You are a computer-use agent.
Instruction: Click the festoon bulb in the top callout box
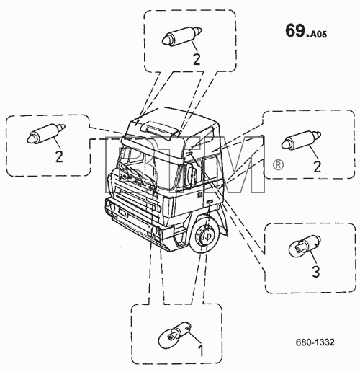click(x=181, y=36)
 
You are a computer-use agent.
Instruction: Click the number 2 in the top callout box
click(x=197, y=59)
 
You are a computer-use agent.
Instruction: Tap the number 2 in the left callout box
click(x=59, y=156)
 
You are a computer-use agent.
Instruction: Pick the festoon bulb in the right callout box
click(x=302, y=140)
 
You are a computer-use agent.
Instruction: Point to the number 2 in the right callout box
click(x=318, y=167)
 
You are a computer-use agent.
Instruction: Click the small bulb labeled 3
click(x=305, y=245)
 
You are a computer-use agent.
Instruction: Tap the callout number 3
click(x=316, y=272)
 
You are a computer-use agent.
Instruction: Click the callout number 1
click(x=201, y=351)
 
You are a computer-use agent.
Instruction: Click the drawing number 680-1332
click(x=315, y=342)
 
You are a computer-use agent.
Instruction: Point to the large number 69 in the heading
click(x=295, y=31)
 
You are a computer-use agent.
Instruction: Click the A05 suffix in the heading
click(x=318, y=35)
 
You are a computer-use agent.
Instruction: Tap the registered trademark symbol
click(x=278, y=165)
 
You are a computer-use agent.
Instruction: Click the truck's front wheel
click(x=204, y=234)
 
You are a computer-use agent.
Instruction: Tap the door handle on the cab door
click(x=210, y=201)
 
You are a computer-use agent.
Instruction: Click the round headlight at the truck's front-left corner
click(x=112, y=206)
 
